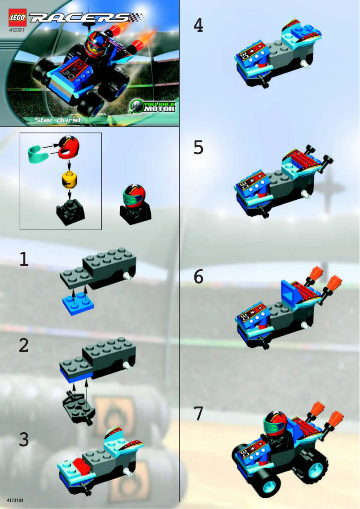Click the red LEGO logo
click(x=17, y=17)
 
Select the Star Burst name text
click(x=57, y=120)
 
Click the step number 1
click(x=24, y=259)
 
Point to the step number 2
click(x=24, y=345)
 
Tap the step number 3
click(x=24, y=439)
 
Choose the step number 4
click(x=198, y=26)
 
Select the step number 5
click(x=198, y=147)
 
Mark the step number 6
click(x=198, y=277)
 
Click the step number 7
click(x=198, y=413)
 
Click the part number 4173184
click(x=16, y=499)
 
